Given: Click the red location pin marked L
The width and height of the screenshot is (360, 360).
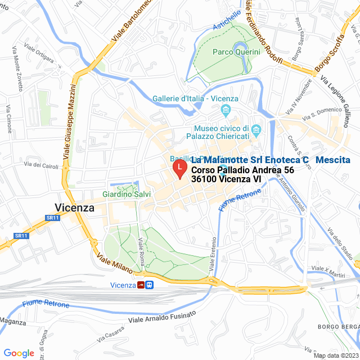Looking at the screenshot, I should coord(179,169).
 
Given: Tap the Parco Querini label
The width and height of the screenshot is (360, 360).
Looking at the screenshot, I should coord(236,52).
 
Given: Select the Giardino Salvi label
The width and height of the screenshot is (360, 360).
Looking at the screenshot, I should coord(122,195).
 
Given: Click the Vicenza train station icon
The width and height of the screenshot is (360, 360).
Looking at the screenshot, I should coord(139,285).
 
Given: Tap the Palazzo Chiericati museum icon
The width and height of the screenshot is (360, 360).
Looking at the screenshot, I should coord(256,131).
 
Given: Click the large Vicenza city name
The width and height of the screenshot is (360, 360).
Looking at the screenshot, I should coord(75,207).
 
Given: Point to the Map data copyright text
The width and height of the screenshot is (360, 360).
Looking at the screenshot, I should coord(336,355).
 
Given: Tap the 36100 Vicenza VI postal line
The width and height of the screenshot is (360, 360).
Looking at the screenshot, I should coord(226,179).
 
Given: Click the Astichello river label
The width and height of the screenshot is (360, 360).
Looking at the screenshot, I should coord(227,21).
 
